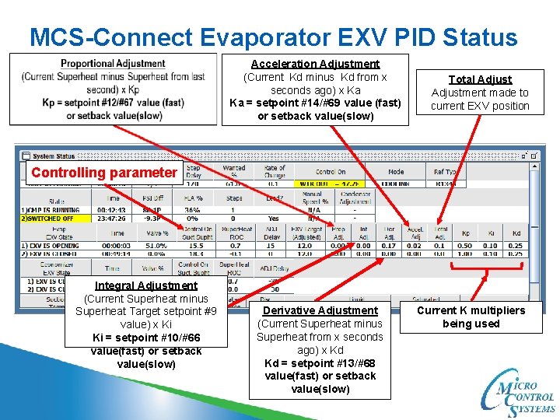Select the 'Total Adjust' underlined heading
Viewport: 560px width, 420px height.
tap(480, 79)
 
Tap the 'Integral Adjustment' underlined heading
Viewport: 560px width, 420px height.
tap(145, 285)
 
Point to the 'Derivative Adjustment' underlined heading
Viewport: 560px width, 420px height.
tap(320, 310)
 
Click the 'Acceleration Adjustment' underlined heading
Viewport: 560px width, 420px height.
tap(315, 64)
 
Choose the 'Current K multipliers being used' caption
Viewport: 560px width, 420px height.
tap(471, 317)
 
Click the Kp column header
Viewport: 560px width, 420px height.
tap(465, 233)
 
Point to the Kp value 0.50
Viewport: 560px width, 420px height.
tap(465, 246)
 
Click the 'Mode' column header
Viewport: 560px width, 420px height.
tap(396, 172)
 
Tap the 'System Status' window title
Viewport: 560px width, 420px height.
tap(54, 156)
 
